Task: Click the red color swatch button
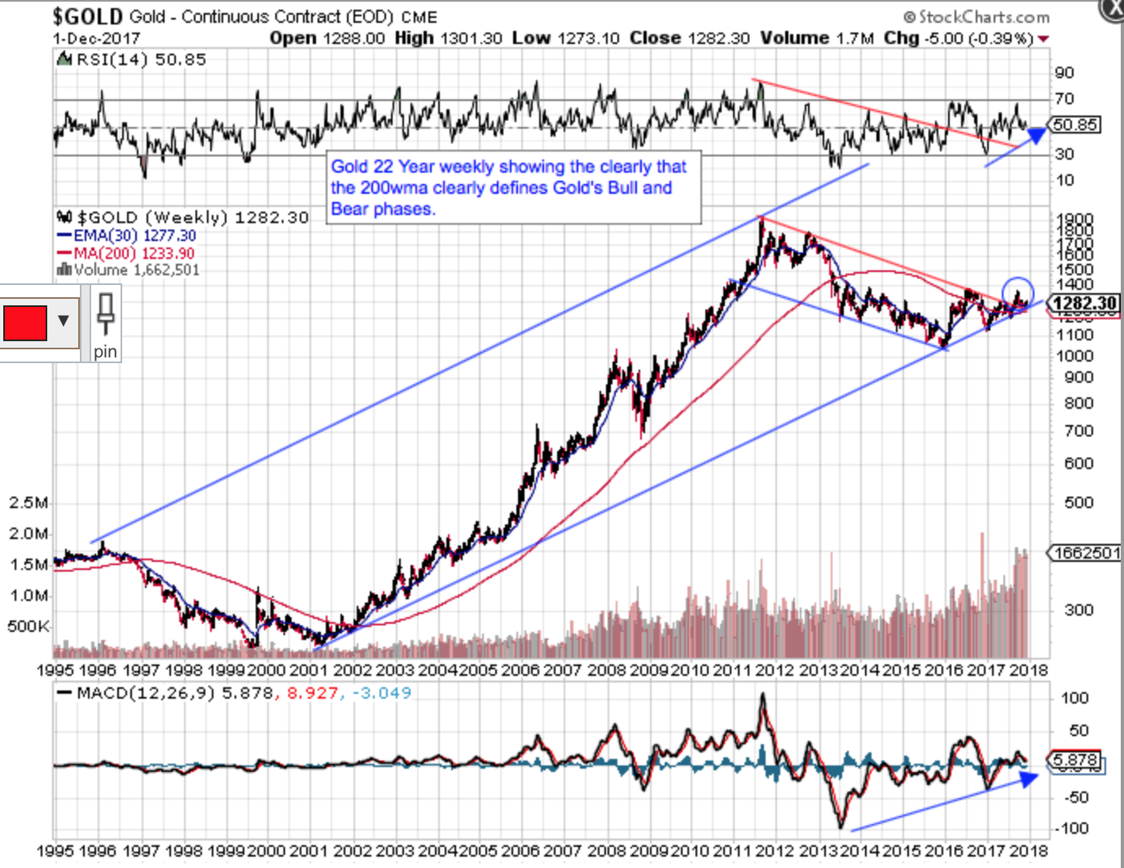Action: [25, 322]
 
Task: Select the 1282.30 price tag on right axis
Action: [1084, 304]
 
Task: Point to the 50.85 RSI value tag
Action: [1074, 125]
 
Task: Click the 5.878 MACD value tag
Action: [1075, 761]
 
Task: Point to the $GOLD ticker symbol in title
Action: [87, 16]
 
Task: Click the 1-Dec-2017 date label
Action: [96, 38]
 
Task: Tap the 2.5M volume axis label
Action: [28, 502]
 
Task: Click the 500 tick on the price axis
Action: [1078, 502]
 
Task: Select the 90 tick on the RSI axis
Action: [1064, 72]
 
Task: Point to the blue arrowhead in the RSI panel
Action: [1037, 134]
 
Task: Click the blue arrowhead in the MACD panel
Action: [1030, 778]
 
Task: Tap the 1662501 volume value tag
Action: [1087, 553]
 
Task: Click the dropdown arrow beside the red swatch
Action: [64, 321]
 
